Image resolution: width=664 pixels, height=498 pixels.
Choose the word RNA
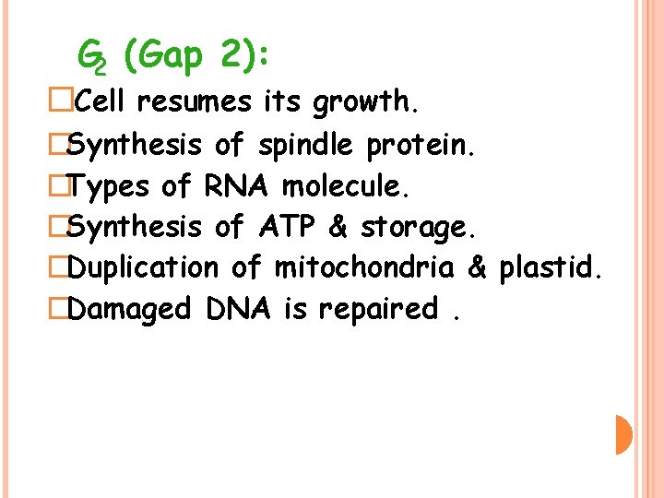235,185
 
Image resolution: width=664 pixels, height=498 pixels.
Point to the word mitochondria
364,267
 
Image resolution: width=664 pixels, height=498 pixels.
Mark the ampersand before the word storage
338,226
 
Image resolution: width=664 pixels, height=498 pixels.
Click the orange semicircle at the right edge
623,434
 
